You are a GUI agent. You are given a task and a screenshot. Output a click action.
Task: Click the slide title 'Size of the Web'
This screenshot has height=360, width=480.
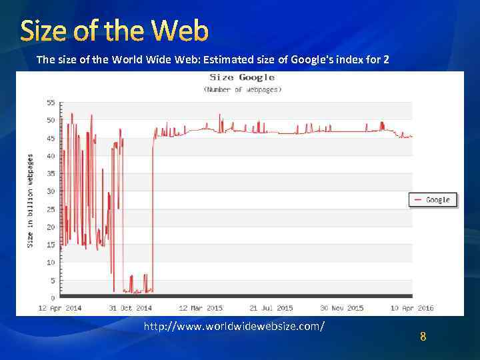[115, 31]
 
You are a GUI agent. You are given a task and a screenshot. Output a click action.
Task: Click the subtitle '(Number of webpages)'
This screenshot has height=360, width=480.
[243, 89]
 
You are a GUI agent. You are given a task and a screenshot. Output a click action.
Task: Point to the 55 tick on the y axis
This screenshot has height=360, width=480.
[51, 103]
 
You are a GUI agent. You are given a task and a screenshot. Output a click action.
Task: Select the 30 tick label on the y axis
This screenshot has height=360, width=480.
[51, 191]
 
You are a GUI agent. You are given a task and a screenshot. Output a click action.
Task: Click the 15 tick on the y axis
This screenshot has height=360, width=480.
[51, 245]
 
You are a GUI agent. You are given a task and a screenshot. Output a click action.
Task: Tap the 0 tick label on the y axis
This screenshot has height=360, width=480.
[53, 297]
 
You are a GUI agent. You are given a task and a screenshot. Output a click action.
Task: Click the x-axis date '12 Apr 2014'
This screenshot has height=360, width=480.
[60, 307]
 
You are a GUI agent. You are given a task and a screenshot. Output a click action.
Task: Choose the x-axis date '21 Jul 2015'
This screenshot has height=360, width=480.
[271, 307]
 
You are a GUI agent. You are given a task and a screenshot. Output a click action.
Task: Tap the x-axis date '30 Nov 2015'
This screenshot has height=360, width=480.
[342, 307]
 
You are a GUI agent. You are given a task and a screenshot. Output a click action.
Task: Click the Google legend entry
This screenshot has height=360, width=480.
[433, 199]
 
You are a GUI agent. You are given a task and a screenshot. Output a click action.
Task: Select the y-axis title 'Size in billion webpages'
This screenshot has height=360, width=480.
[30, 201]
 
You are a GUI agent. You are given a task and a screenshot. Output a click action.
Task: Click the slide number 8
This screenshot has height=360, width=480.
[423, 337]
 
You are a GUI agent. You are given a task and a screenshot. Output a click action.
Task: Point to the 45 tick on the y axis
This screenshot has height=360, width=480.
[51, 139]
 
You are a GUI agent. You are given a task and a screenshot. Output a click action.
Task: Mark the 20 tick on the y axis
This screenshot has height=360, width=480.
[51, 227]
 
